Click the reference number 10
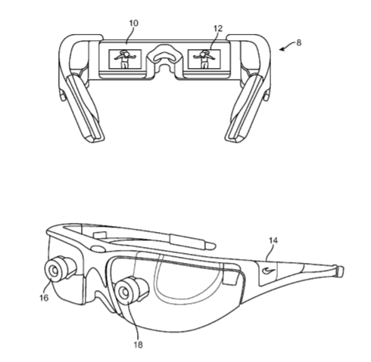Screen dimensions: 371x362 (134, 23)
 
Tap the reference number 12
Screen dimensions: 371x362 (218, 29)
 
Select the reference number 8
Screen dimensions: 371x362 (299, 42)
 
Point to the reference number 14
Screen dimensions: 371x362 (273, 240)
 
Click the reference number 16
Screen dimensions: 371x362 (44, 298)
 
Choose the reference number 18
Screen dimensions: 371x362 (138, 345)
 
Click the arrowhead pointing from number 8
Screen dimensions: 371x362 (282, 49)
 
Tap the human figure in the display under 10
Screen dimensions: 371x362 (124, 59)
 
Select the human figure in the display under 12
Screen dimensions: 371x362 (204, 59)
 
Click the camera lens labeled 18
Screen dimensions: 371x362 (124, 292)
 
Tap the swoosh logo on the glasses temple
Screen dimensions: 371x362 (269, 271)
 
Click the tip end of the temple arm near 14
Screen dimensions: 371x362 (340, 271)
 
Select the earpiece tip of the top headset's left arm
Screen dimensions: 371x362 (93, 139)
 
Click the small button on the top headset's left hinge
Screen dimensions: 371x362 (62, 96)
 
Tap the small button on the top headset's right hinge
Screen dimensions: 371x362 (267, 96)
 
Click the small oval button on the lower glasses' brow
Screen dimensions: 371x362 (98, 248)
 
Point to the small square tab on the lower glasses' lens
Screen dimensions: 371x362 (230, 280)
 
